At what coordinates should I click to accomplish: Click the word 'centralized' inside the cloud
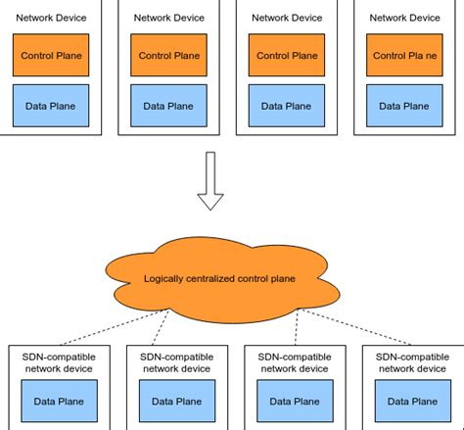pyautogui.click(x=218, y=278)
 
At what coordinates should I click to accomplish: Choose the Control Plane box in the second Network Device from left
pyautogui.click(x=167, y=57)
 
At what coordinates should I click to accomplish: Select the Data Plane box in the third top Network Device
pyautogui.click(x=286, y=105)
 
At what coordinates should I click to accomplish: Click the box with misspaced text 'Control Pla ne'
pyautogui.click(x=405, y=57)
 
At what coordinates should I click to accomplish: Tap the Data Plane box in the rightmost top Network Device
pyautogui.click(x=405, y=105)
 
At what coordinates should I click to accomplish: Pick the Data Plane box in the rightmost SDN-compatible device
pyautogui.click(x=411, y=401)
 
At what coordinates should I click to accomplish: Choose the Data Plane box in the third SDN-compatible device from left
pyautogui.click(x=292, y=401)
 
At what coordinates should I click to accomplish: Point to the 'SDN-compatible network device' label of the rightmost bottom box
pyautogui.click(x=411, y=361)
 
